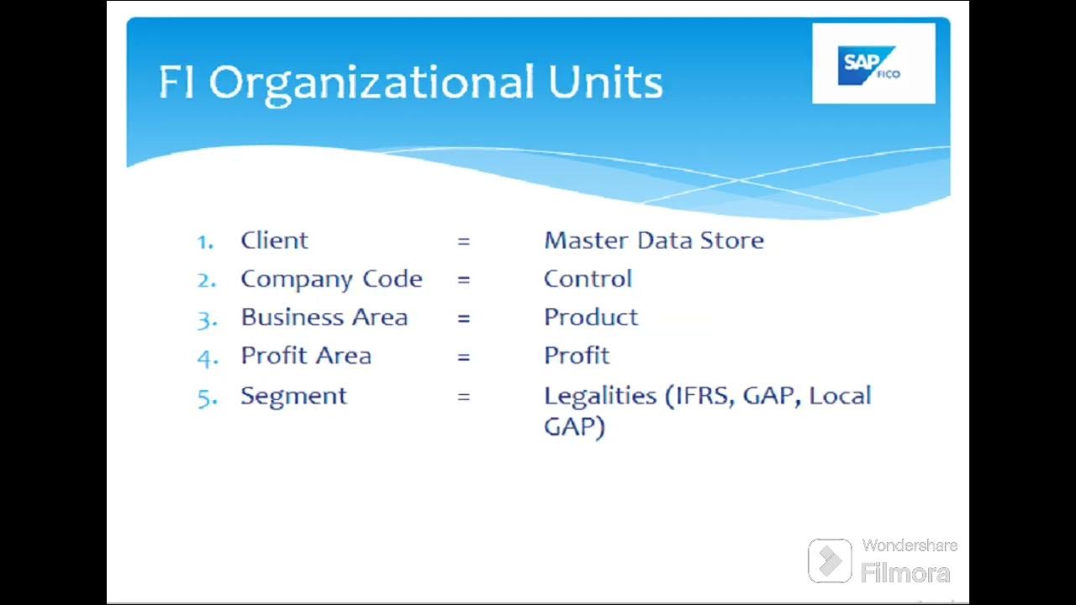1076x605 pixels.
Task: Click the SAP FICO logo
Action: (873, 64)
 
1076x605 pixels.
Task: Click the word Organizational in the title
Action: (371, 83)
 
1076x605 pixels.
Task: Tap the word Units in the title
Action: (605, 83)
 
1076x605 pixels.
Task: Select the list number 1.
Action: (204, 242)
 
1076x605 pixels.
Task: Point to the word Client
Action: (274, 240)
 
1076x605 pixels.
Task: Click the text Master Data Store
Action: (653, 240)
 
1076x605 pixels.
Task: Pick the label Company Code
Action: (331, 279)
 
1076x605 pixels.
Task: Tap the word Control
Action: (588, 279)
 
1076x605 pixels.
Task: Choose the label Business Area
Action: (324, 318)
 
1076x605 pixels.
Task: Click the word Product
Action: (591, 318)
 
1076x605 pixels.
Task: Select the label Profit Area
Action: (306, 356)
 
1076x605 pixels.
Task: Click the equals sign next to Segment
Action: (463, 397)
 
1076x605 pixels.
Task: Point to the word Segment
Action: (293, 396)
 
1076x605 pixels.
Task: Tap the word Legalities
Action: (599, 396)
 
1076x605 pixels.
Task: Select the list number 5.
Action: (207, 397)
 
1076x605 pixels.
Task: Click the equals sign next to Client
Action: (463, 242)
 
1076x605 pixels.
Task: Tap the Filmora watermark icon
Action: (830, 560)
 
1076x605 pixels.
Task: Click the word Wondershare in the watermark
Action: (910, 546)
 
